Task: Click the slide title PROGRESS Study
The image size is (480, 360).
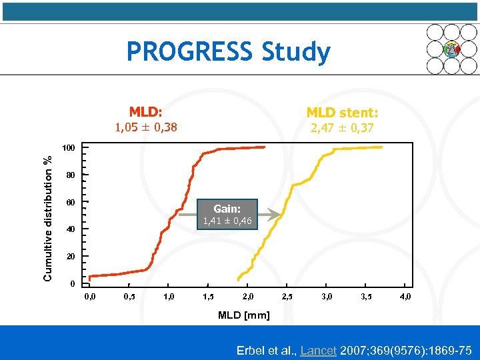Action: pos(228,51)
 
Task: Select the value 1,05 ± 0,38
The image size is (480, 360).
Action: pos(146,127)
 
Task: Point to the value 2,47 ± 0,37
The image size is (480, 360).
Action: pos(342,127)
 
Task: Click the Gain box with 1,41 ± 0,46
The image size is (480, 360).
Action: pos(227,214)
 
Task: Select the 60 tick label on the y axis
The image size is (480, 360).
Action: pos(71,202)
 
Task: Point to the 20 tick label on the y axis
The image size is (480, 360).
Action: pos(71,257)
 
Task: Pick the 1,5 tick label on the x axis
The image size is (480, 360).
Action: pos(208,296)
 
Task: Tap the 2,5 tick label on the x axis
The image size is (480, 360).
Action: pos(287,296)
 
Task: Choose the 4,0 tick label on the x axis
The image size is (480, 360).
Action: pos(405,296)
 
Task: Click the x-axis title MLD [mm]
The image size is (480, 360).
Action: pos(244,315)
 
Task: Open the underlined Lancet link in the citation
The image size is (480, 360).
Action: pos(318,350)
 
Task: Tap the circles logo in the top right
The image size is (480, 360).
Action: pos(451,49)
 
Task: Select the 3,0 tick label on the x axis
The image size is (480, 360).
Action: pos(327,296)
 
